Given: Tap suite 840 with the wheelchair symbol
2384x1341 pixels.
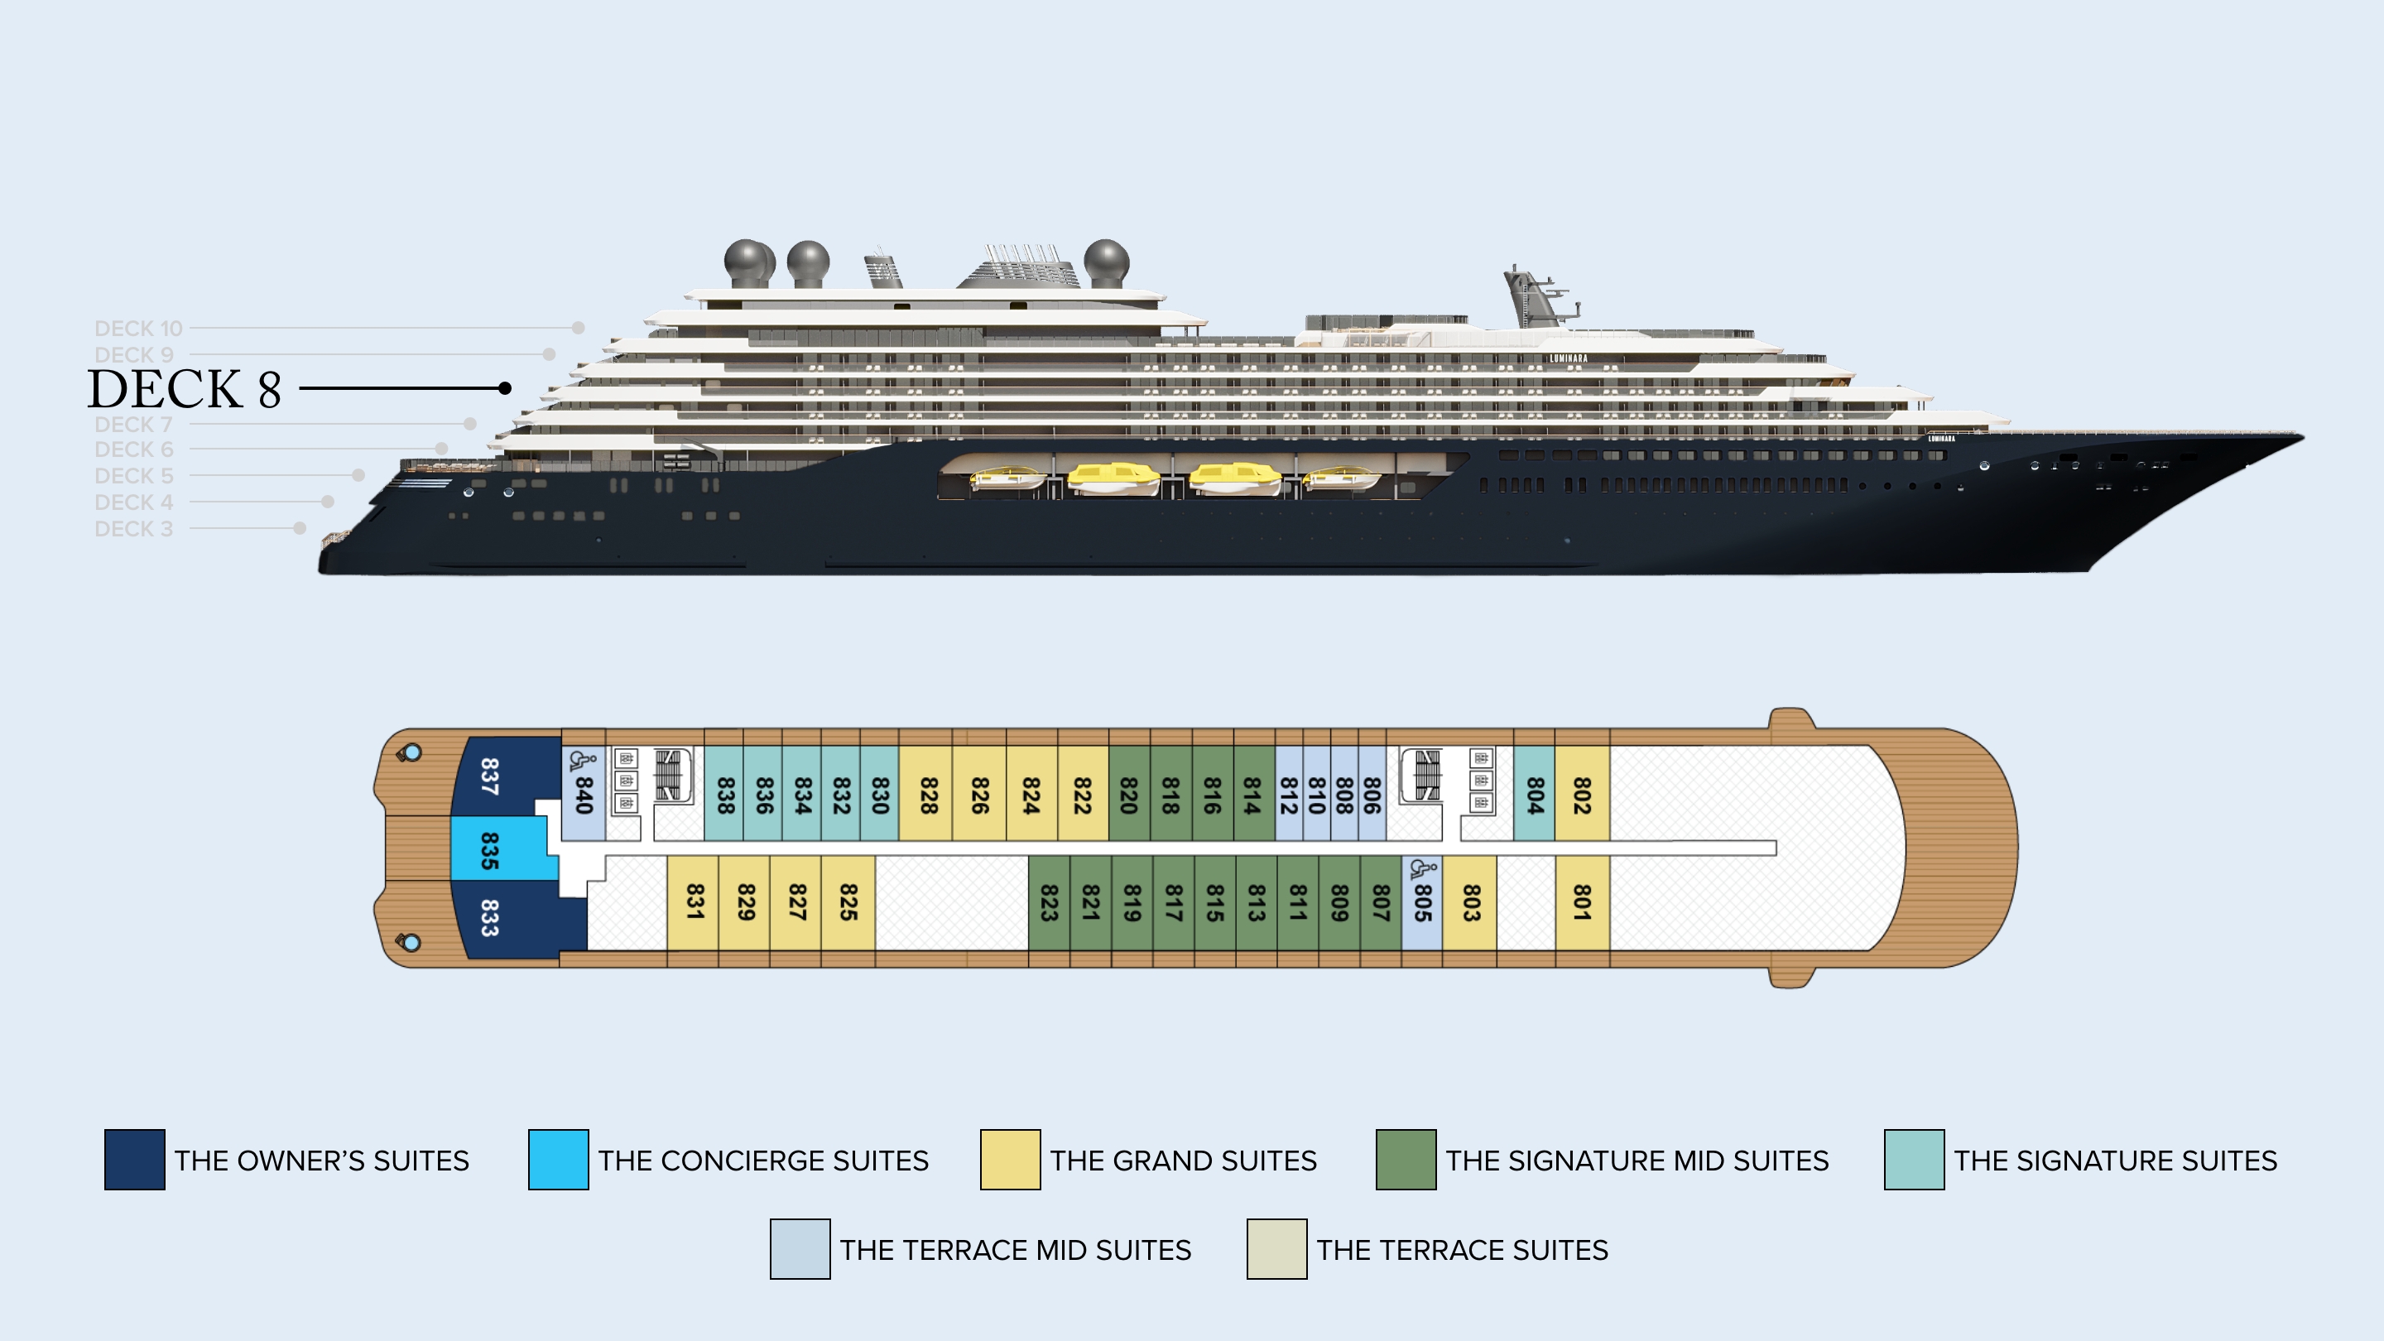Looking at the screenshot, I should (x=583, y=794).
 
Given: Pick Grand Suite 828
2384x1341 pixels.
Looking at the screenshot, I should (x=928, y=794).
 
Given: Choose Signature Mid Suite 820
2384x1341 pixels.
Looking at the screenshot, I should (x=1128, y=794).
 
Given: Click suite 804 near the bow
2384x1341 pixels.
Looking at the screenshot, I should (x=1534, y=794).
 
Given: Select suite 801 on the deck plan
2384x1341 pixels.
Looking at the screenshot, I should (x=1582, y=901).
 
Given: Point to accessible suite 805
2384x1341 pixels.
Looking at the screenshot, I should (x=1421, y=901).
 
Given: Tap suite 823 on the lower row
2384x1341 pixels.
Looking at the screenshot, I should (x=1049, y=901).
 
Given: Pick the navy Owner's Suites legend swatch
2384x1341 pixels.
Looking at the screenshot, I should (x=134, y=1159).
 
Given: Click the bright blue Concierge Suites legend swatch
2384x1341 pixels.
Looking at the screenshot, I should (x=558, y=1159).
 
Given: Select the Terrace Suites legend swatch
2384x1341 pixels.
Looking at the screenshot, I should (x=1276, y=1248).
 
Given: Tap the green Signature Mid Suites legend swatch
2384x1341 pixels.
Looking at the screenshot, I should (x=1406, y=1159).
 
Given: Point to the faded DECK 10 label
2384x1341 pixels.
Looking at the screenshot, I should (x=139, y=329).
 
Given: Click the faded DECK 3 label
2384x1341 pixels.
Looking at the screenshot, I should (x=134, y=528).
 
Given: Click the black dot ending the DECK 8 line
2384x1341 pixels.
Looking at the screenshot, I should (x=504, y=387).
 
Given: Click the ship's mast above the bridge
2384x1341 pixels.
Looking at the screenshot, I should (x=1527, y=295).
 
